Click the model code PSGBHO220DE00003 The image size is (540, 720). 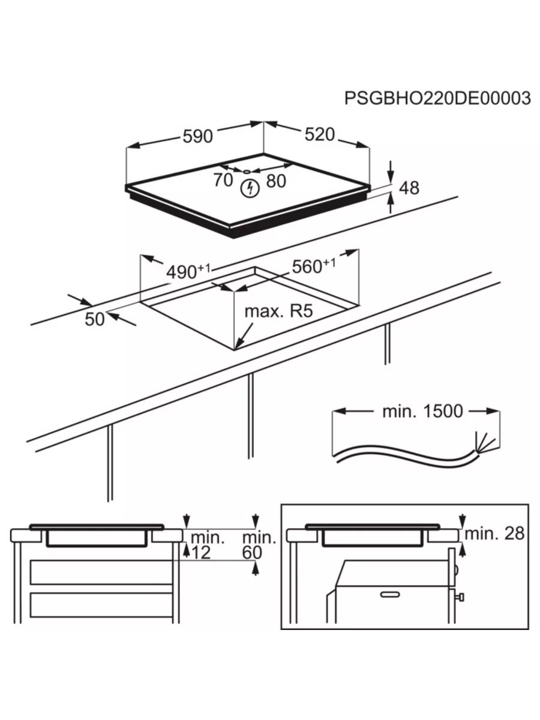[x=437, y=98]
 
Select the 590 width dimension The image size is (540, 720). [x=197, y=136]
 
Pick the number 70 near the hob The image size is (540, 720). [x=223, y=179]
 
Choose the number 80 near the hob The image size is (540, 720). [x=276, y=180]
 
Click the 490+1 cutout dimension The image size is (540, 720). [x=188, y=271]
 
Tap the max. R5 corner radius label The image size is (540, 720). [x=279, y=311]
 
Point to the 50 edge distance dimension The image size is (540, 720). [x=95, y=319]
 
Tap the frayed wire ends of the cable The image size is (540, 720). [x=484, y=443]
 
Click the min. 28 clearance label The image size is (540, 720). [x=495, y=533]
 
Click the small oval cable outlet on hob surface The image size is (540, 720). [x=247, y=171]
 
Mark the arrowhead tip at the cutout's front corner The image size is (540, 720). [x=237, y=348]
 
